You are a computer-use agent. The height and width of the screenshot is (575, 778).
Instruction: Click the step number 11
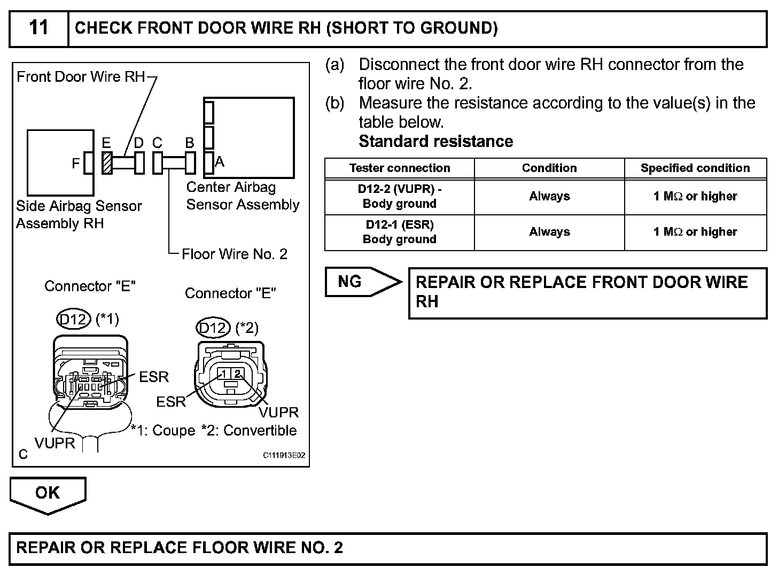tap(38, 28)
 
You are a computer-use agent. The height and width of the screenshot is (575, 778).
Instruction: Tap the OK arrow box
tap(48, 493)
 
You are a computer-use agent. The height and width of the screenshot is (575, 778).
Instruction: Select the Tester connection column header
tap(400, 168)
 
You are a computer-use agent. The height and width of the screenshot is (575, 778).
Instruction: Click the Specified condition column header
tap(695, 168)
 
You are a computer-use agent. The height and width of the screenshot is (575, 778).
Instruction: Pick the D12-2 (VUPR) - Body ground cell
tap(400, 197)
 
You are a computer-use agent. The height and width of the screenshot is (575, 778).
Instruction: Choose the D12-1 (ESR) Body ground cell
tap(400, 232)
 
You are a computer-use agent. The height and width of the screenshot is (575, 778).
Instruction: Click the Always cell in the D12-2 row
tap(549, 197)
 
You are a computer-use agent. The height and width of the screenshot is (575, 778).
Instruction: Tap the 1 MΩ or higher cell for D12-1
tap(695, 232)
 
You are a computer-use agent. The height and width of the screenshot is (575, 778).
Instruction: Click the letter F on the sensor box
tap(76, 164)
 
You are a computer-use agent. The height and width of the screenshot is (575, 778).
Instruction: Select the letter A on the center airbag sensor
tap(220, 162)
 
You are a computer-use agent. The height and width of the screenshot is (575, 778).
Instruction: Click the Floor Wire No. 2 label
tap(235, 254)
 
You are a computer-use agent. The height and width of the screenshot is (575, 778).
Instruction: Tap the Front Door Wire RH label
tap(81, 77)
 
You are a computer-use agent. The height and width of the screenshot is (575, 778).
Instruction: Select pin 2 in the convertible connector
tap(238, 374)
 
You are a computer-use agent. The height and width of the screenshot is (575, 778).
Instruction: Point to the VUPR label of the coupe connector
tap(55, 443)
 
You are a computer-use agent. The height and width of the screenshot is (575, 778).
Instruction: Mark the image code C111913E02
tap(284, 455)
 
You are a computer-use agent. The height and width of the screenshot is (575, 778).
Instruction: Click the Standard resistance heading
tap(436, 142)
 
